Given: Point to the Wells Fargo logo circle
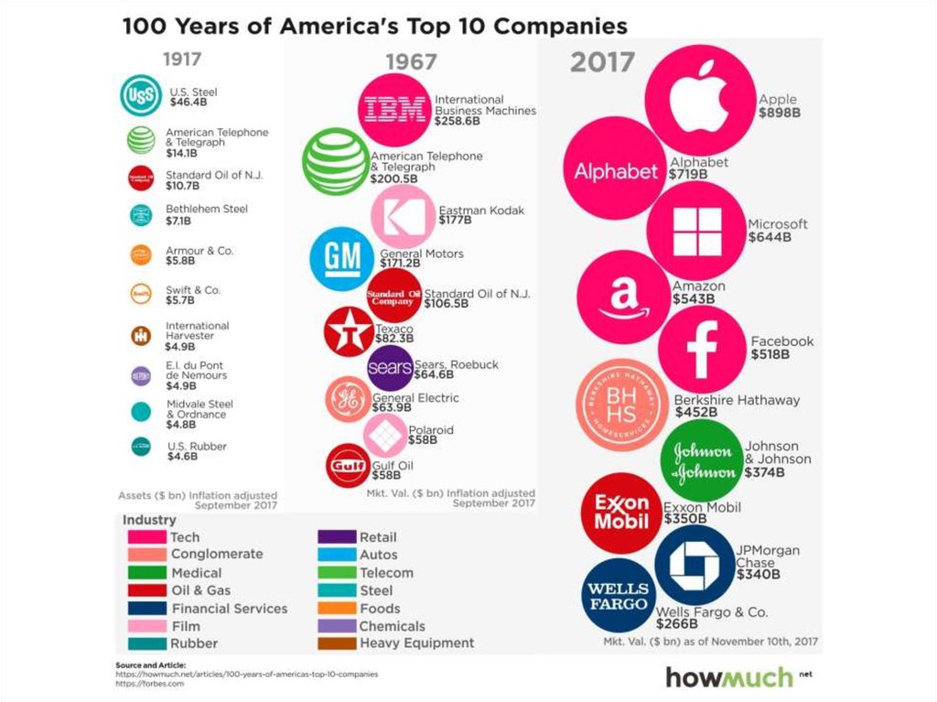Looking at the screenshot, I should point(618,596).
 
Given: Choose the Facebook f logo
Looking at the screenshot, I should point(701,349).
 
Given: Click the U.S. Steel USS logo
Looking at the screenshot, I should point(141,96).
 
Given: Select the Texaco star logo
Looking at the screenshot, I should point(349,332).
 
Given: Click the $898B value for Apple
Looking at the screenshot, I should point(779,113).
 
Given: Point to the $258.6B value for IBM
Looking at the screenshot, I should point(458,121).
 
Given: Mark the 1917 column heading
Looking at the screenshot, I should point(181,60).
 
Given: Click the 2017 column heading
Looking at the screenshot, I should point(602,62).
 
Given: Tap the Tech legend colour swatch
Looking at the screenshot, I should point(145,537).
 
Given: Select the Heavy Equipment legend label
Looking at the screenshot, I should point(416,643).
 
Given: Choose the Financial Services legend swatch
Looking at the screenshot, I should point(145,609).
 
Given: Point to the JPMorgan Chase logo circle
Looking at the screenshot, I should point(695,563).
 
